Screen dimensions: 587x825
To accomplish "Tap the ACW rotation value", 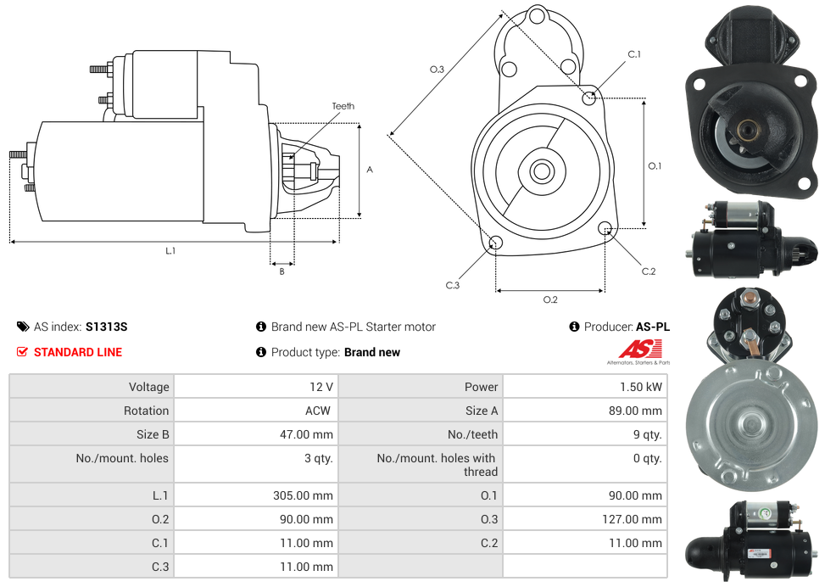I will [320, 411].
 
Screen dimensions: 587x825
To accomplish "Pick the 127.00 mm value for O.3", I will [632, 519].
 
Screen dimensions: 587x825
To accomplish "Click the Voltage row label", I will [148, 387].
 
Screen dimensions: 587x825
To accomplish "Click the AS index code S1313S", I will [106, 327].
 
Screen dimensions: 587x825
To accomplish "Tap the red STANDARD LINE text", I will [78, 352].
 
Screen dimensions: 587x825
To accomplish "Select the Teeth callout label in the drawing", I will [343, 106].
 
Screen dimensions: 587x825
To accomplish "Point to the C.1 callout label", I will [633, 54].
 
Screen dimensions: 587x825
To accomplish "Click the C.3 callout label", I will [453, 285].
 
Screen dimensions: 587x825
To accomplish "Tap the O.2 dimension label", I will [550, 299].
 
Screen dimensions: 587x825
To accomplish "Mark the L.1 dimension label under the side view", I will [170, 250].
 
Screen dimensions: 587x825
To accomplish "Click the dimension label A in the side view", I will [370, 170].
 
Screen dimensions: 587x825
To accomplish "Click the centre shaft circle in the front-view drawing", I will [540, 171].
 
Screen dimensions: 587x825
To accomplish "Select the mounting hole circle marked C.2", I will [605, 228].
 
